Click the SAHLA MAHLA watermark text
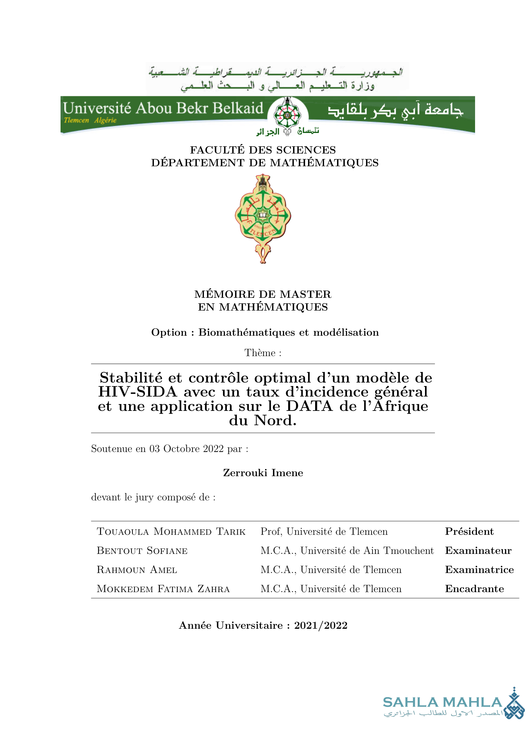click(x=443, y=702)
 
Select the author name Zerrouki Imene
click(x=263, y=473)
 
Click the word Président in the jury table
click(x=469, y=532)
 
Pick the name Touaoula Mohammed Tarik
click(x=171, y=532)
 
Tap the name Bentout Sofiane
click(x=142, y=551)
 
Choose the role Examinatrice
click(x=479, y=569)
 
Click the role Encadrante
click(x=474, y=589)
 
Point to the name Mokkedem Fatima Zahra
click(x=163, y=589)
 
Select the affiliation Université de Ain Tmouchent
click(x=367, y=551)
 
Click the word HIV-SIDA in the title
click(x=138, y=392)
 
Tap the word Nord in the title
click(x=275, y=420)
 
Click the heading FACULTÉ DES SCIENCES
click(x=263, y=150)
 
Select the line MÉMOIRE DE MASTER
click(x=263, y=294)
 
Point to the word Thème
click(x=260, y=353)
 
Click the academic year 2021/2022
click(x=321, y=625)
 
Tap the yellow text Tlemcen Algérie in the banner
click(x=90, y=120)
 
